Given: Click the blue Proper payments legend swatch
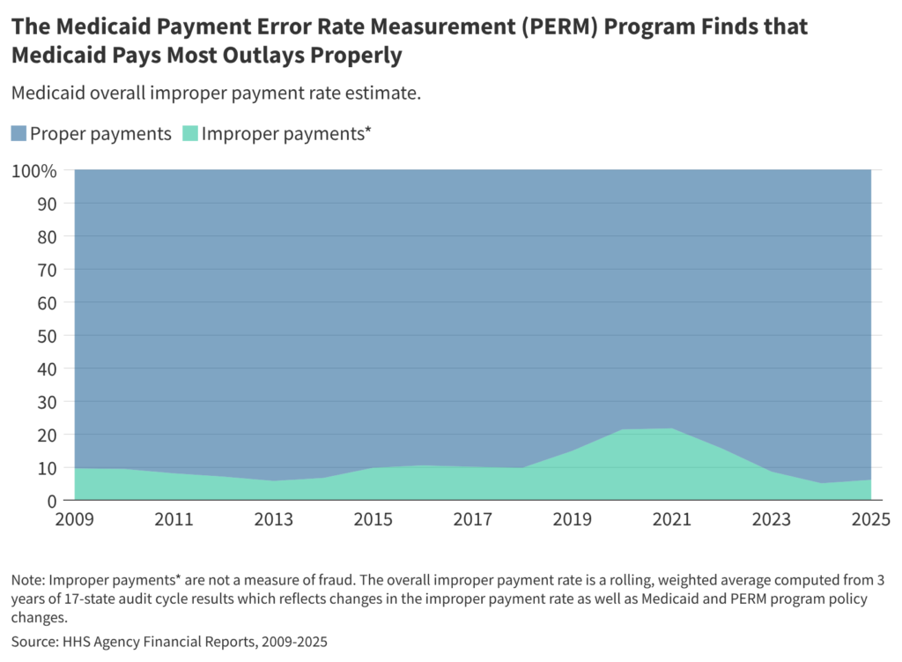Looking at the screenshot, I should click(x=18, y=134).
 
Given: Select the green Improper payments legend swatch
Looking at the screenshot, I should click(x=190, y=134).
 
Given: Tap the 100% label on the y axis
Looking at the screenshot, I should click(x=34, y=170).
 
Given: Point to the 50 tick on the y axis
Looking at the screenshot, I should click(x=48, y=336).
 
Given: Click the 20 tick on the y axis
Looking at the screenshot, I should click(x=48, y=435).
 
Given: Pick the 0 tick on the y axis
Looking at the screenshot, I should click(x=52, y=501).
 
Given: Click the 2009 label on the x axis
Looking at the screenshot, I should click(x=75, y=521).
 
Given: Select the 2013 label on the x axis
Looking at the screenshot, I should click(x=274, y=521).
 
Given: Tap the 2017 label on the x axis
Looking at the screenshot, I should click(x=473, y=521).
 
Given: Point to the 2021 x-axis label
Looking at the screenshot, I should click(x=672, y=521).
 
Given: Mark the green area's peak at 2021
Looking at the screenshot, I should click(x=672, y=429).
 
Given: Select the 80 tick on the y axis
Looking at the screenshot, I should click(x=48, y=236).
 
